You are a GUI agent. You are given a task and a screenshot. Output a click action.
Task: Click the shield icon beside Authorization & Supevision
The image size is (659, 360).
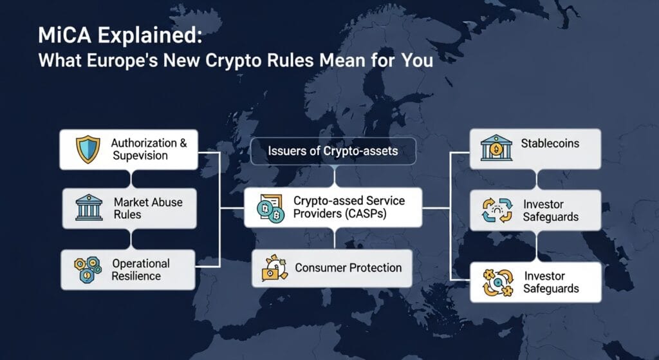click(x=88, y=149)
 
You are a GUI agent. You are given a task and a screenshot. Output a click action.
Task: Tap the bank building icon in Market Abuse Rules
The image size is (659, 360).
click(x=89, y=207)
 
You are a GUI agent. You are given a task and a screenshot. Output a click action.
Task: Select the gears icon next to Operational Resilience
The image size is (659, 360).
click(x=88, y=270)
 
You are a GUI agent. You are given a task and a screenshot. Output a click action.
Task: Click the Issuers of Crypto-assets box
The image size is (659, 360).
click(x=333, y=151)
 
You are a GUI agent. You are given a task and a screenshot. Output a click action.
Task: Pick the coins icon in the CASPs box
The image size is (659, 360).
click(x=270, y=208)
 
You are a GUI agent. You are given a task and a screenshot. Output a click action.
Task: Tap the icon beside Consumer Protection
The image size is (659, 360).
click(x=274, y=267)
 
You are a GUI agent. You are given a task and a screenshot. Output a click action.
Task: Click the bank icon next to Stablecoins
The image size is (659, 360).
click(x=496, y=147)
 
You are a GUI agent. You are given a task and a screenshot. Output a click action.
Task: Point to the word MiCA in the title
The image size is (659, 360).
click(x=64, y=35)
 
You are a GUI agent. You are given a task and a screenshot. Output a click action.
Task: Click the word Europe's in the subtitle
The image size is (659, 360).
click(x=123, y=60)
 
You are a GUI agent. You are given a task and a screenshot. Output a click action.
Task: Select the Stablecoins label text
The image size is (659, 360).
click(x=550, y=144)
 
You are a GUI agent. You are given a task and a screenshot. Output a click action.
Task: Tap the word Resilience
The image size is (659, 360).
click(x=136, y=276)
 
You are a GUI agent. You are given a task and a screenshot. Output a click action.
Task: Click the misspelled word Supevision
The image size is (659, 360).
click(x=140, y=156)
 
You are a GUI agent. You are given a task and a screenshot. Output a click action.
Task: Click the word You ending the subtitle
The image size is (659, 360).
click(x=417, y=61)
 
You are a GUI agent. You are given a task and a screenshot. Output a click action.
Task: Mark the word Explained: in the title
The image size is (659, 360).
click(x=150, y=36)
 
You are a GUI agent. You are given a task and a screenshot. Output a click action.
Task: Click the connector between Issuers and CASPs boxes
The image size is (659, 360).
click(x=335, y=176)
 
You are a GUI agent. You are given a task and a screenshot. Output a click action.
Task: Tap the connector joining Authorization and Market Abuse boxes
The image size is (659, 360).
click(x=131, y=179)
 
